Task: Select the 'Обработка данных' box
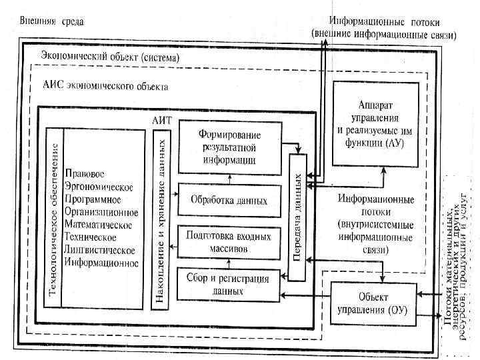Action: (229, 200)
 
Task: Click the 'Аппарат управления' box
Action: (377, 123)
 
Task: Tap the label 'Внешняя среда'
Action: (51, 21)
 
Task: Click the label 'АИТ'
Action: (163, 120)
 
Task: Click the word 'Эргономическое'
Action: (100, 186)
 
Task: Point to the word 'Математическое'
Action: (100, 225)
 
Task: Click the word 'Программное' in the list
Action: (93, 199)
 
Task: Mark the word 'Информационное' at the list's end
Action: (101, 263)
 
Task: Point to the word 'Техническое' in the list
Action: (91, 237)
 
